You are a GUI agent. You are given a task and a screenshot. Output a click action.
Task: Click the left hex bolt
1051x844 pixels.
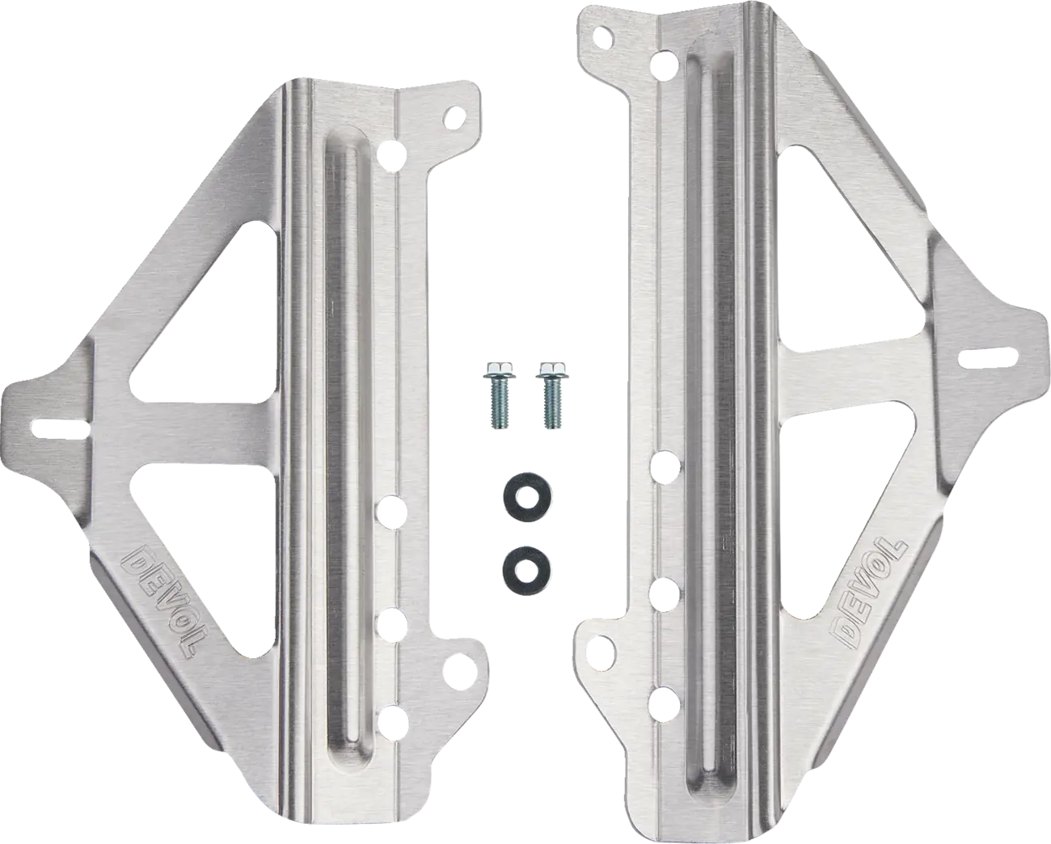pyautogui.click(x=496, y=395)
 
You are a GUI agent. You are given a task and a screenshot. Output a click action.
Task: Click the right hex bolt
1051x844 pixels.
pyautogui.click(x=552, y=395)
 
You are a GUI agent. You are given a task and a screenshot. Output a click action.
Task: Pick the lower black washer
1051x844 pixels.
pyautogui.click(x=522, y=564)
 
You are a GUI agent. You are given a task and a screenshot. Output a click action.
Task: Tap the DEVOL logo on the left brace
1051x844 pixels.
pyautogui.click(x=161, y=600)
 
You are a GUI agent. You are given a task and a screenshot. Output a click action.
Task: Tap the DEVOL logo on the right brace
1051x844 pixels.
pyautogui.click(x=867, y=594)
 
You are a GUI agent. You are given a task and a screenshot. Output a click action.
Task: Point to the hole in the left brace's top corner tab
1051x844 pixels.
pyautogui.click(x=455, y=118)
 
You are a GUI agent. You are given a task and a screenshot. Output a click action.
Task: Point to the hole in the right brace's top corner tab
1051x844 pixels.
pyautogui.click(x=602, y=36)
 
